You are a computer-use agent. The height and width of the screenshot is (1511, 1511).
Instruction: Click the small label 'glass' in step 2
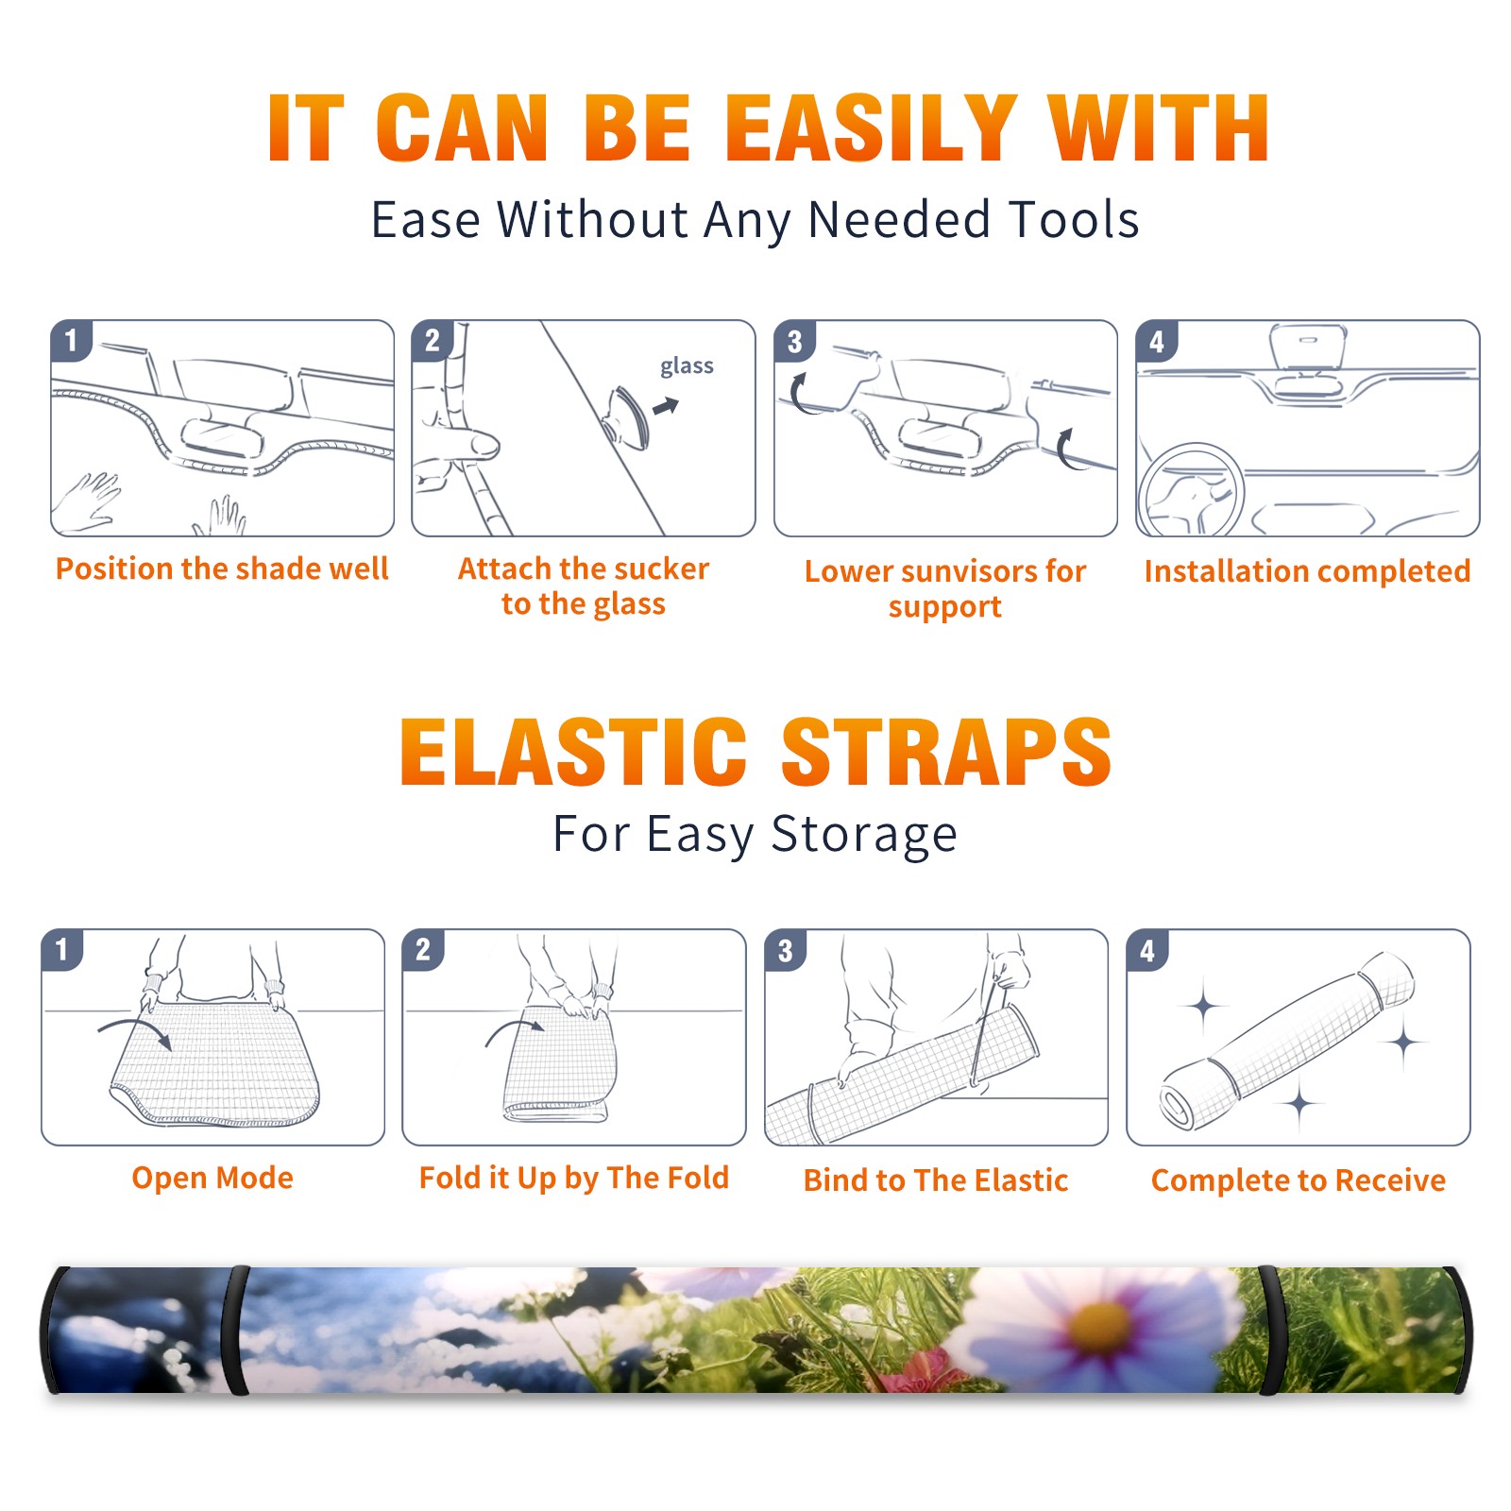(687, 366)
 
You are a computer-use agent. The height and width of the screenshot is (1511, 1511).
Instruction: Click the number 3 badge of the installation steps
(794, 341)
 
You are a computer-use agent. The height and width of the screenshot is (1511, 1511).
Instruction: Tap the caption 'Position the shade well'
(222, 569)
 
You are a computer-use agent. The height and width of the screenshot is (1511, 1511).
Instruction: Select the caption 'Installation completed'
(1307, 570)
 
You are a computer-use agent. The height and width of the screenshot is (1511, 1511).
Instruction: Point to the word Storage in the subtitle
(864, 835)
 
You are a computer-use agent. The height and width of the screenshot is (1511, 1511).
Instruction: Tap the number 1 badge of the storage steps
(62, 949)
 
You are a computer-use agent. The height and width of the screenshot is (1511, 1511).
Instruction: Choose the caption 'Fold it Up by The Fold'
(574, 1178)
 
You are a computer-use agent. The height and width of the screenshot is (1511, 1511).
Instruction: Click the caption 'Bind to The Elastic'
(936, 1180)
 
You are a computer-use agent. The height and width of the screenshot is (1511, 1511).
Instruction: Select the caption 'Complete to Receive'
(1299, 1180)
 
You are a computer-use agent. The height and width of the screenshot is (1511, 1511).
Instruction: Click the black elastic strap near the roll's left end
(234, 1330)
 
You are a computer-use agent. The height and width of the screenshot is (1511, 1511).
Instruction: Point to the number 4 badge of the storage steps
(1147, 950)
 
